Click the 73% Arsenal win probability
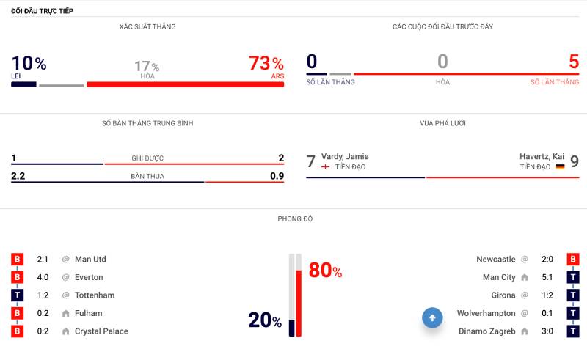click(x=266, y=64)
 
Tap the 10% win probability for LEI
click(x=29, y=64)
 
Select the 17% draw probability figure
click(x=146, y=67)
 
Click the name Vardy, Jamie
click(x=345, y=156)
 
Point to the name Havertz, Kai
click(x=542, y=156)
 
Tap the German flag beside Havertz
click(x=560, y=167)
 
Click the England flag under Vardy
click(x=325, y=167)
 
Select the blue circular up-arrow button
click(x=432, y=317)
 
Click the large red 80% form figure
click(x=325, y=271)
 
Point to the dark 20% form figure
click(x=265, y=320)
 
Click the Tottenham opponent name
click(x=94, y=295)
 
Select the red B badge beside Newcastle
click(x=573, y=259)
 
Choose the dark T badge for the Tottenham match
click(x=18, y=295)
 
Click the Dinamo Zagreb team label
click(x=487, y=331)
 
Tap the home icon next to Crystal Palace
click(x=66, y=331)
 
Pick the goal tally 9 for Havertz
click(x=575, y=161)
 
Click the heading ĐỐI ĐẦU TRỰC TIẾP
click(x=42, y=11)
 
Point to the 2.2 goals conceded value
click(x=18, y=176)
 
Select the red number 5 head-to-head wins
click(x=573, y=62)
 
